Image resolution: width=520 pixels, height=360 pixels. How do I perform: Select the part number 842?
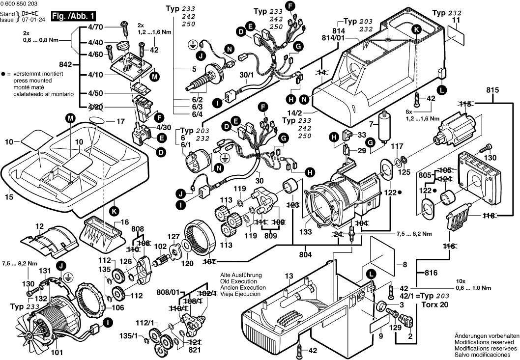(66, 64)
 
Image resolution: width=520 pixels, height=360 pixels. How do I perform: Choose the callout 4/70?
(96, 28)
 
